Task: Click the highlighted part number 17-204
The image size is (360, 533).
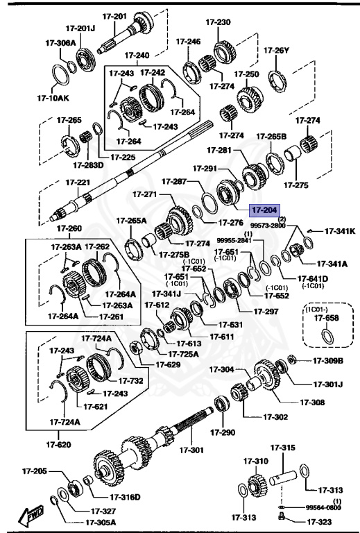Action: click(x=264, y=208)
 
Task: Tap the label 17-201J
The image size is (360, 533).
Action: click(x=80, y=28)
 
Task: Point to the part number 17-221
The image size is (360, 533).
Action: click(x=78, y=183)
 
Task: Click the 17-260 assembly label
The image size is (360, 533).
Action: click(x=69, y=228)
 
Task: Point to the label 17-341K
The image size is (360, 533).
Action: click(x=340, y=231)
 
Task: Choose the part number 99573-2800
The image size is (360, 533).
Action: click(x=268, y=226)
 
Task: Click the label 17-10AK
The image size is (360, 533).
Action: click(x=65, y=98)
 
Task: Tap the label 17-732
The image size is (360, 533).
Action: click(x=130, y=380)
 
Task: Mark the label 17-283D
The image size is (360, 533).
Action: click(x=87, y=164)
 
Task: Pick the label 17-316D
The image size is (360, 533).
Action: click(x=126, y=497)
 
